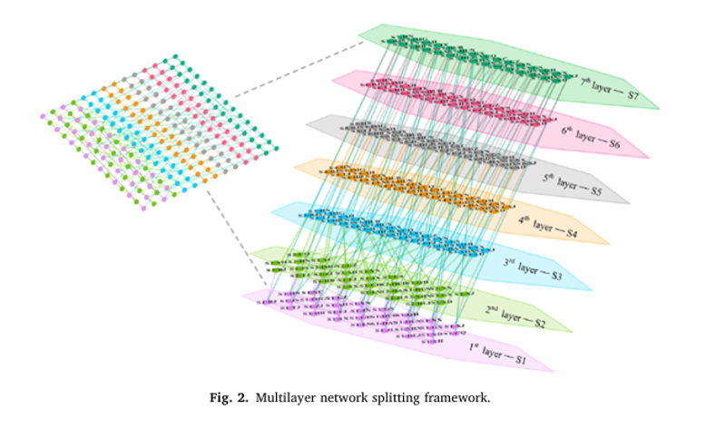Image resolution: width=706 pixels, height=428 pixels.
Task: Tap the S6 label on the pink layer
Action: coord(614,142)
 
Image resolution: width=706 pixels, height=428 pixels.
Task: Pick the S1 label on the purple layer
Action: coord(518,360)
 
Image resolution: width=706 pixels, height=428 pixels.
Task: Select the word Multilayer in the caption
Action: coord(285,397)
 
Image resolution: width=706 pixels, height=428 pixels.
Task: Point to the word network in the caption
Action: coord(338,397)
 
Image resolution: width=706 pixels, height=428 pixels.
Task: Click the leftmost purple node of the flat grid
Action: coord(44,115)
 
